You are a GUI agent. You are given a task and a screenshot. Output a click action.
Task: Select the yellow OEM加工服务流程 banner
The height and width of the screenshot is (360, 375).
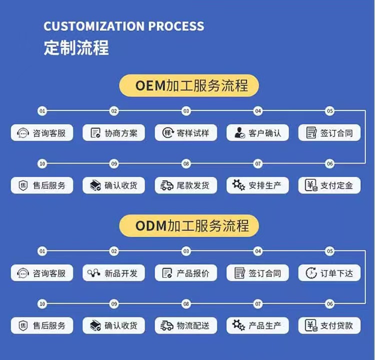[189, 85]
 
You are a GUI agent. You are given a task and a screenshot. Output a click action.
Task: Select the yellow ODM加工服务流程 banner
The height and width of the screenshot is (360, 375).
[189, 226]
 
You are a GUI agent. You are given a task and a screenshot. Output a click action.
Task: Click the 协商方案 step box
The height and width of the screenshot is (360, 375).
[113, 133]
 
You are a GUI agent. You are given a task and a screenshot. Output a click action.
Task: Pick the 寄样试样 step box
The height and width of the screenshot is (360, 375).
[185, 133]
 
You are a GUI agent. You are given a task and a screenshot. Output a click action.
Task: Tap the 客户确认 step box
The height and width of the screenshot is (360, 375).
[257, 133]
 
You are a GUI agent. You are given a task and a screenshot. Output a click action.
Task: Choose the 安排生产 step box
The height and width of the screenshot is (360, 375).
[257, 185]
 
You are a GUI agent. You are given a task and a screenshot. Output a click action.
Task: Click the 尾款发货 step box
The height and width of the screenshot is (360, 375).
[185, 185]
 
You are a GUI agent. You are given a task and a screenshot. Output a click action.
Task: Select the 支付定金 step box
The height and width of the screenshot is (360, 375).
[329, 185]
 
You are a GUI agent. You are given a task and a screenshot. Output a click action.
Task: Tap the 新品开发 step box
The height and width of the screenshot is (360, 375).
[113, 273]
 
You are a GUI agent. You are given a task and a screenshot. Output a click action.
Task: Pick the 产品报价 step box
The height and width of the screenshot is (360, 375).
[185, 273]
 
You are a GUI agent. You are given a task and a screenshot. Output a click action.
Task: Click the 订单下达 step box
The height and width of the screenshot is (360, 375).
[329, 273]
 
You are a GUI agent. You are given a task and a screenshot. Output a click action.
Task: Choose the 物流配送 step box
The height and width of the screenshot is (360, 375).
[185, 326]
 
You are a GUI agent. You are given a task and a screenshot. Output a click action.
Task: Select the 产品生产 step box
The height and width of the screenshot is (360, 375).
[257, 326]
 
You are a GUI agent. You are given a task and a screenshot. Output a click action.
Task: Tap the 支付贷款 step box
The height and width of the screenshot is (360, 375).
[329, 326]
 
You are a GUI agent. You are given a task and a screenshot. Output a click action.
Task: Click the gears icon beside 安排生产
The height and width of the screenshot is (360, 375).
[238, 185]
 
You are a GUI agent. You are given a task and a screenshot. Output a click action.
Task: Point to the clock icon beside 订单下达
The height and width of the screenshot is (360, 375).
[311, 273]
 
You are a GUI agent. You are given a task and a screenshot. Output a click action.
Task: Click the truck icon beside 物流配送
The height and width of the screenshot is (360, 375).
[167, 326]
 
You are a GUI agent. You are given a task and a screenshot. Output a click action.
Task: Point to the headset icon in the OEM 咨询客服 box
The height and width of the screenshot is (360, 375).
[23, 133]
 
